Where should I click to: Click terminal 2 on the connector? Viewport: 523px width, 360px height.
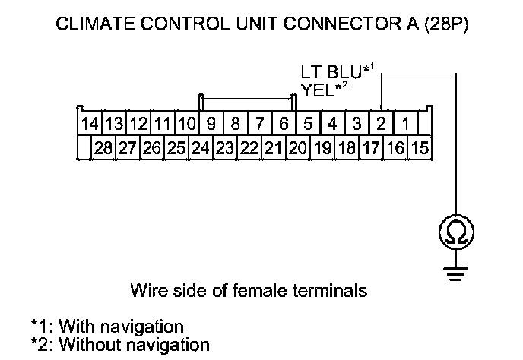tap(381, 123)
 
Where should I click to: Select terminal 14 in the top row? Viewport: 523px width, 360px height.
tap(89, 123)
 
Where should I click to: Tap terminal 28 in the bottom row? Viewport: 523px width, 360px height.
tap(103, 148)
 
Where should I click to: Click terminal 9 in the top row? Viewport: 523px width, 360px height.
tap(211, 123)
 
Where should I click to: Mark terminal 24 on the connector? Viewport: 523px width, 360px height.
tap(200, 148)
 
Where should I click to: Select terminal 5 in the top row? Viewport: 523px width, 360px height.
tap(308, 123)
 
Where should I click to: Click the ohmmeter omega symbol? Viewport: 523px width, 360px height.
tap(455, 233)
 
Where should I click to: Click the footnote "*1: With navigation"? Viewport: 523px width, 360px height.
tap(107, 327)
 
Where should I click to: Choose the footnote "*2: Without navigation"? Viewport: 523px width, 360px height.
tap(120, 344)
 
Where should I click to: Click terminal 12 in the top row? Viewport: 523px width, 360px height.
tap(138, 123)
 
